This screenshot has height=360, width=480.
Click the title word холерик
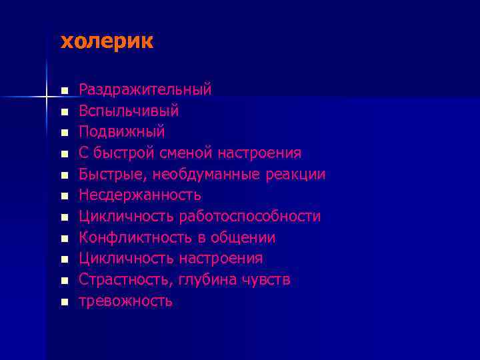click(107, 42)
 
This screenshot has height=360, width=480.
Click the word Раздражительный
click(145, 89)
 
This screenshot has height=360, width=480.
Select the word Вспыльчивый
click(129, 110)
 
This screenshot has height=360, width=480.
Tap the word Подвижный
click(122, 131)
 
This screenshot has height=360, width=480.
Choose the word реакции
click(298, 175)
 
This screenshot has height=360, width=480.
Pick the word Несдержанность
click(140, 195)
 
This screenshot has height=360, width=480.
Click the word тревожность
click(126, 301)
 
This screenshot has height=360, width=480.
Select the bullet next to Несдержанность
click(64, 196)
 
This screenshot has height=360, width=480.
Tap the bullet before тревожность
click(64, 302)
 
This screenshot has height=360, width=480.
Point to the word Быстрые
click(113, 175)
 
